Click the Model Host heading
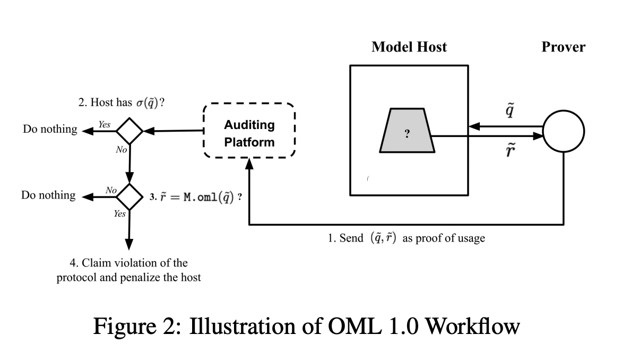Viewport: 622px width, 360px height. [x=409, y=47]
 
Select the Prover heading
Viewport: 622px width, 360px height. [x=563, y=47]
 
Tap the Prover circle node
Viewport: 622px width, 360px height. [x=564, y=131]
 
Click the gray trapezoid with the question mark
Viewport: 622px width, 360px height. [x=407, y=131]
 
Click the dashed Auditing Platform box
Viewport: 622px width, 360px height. [x=249, y=131]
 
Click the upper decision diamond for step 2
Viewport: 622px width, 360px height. [x=129, y=130]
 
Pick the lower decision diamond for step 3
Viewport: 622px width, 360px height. [x=129, y=196]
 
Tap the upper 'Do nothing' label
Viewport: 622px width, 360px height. [x=50, y=130]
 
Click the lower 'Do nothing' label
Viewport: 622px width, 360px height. [x=48, y=195]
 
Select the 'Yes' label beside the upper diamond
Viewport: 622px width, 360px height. [x=104, y=124]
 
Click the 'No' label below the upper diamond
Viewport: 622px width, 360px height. [x=121, y=150]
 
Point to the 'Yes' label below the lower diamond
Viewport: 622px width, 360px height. [x=119, y=214]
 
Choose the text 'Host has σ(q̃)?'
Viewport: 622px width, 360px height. [x=121, y=103]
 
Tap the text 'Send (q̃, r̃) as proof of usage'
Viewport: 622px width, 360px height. [x=406, y=238]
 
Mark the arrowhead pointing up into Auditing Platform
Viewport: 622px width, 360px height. [x=249, y=164]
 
